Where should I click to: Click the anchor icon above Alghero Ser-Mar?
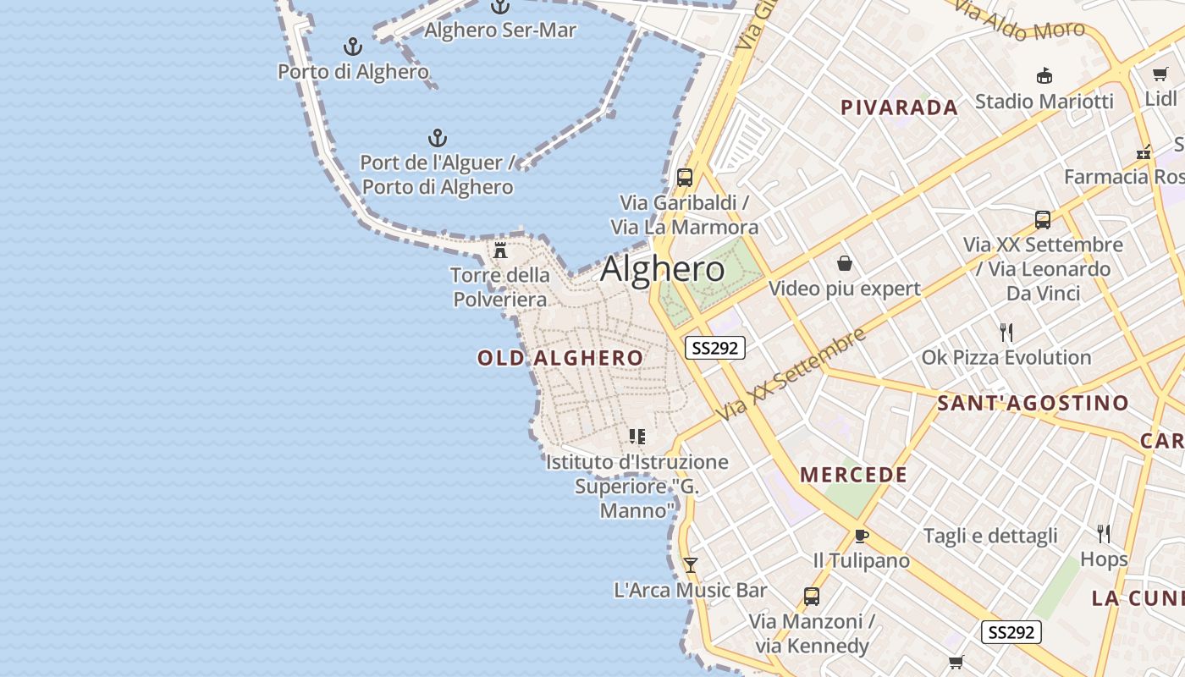pyautogui.click(x=500, y=7)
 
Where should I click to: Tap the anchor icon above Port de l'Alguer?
pyautogui.click(x=437, y=138)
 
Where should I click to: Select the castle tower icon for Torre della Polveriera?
pyautogui.click(x=500, y=250)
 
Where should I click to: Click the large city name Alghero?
pyautogui.click(x=662, y=269)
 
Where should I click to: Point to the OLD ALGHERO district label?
pyautogui.click(x=560, y=358)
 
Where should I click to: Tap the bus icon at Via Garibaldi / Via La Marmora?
pyautogui.click(x=685, y=178)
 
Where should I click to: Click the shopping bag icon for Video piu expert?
pyautogui.click(x=844, y=264)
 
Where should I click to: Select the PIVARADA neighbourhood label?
pyautogui.click(x=899, y=107)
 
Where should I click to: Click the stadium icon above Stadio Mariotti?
pyautogui.click(x=1044, y=76)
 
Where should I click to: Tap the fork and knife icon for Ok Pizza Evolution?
pyautogui.click(x=1006, y=333)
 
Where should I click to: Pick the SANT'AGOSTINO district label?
pyautogui.click(x=1033, y=404)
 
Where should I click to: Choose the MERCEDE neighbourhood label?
pyautogui.click(x=853, y=475)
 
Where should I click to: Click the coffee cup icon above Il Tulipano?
pyautogui.click(x=862, y=536)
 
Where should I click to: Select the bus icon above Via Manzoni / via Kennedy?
pyautogui.click(x=811, y=597)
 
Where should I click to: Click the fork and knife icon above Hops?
pyautogui.click(x=1104, y=534)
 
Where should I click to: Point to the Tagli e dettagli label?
pyautogui.click(x=990, y=536)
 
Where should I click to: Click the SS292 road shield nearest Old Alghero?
pyautogui.click(x=715, y=348)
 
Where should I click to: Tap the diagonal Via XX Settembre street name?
pyautogui.click(x=791, y=373)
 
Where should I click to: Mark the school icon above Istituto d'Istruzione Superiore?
pyautogui.click(x=637, y=437)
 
